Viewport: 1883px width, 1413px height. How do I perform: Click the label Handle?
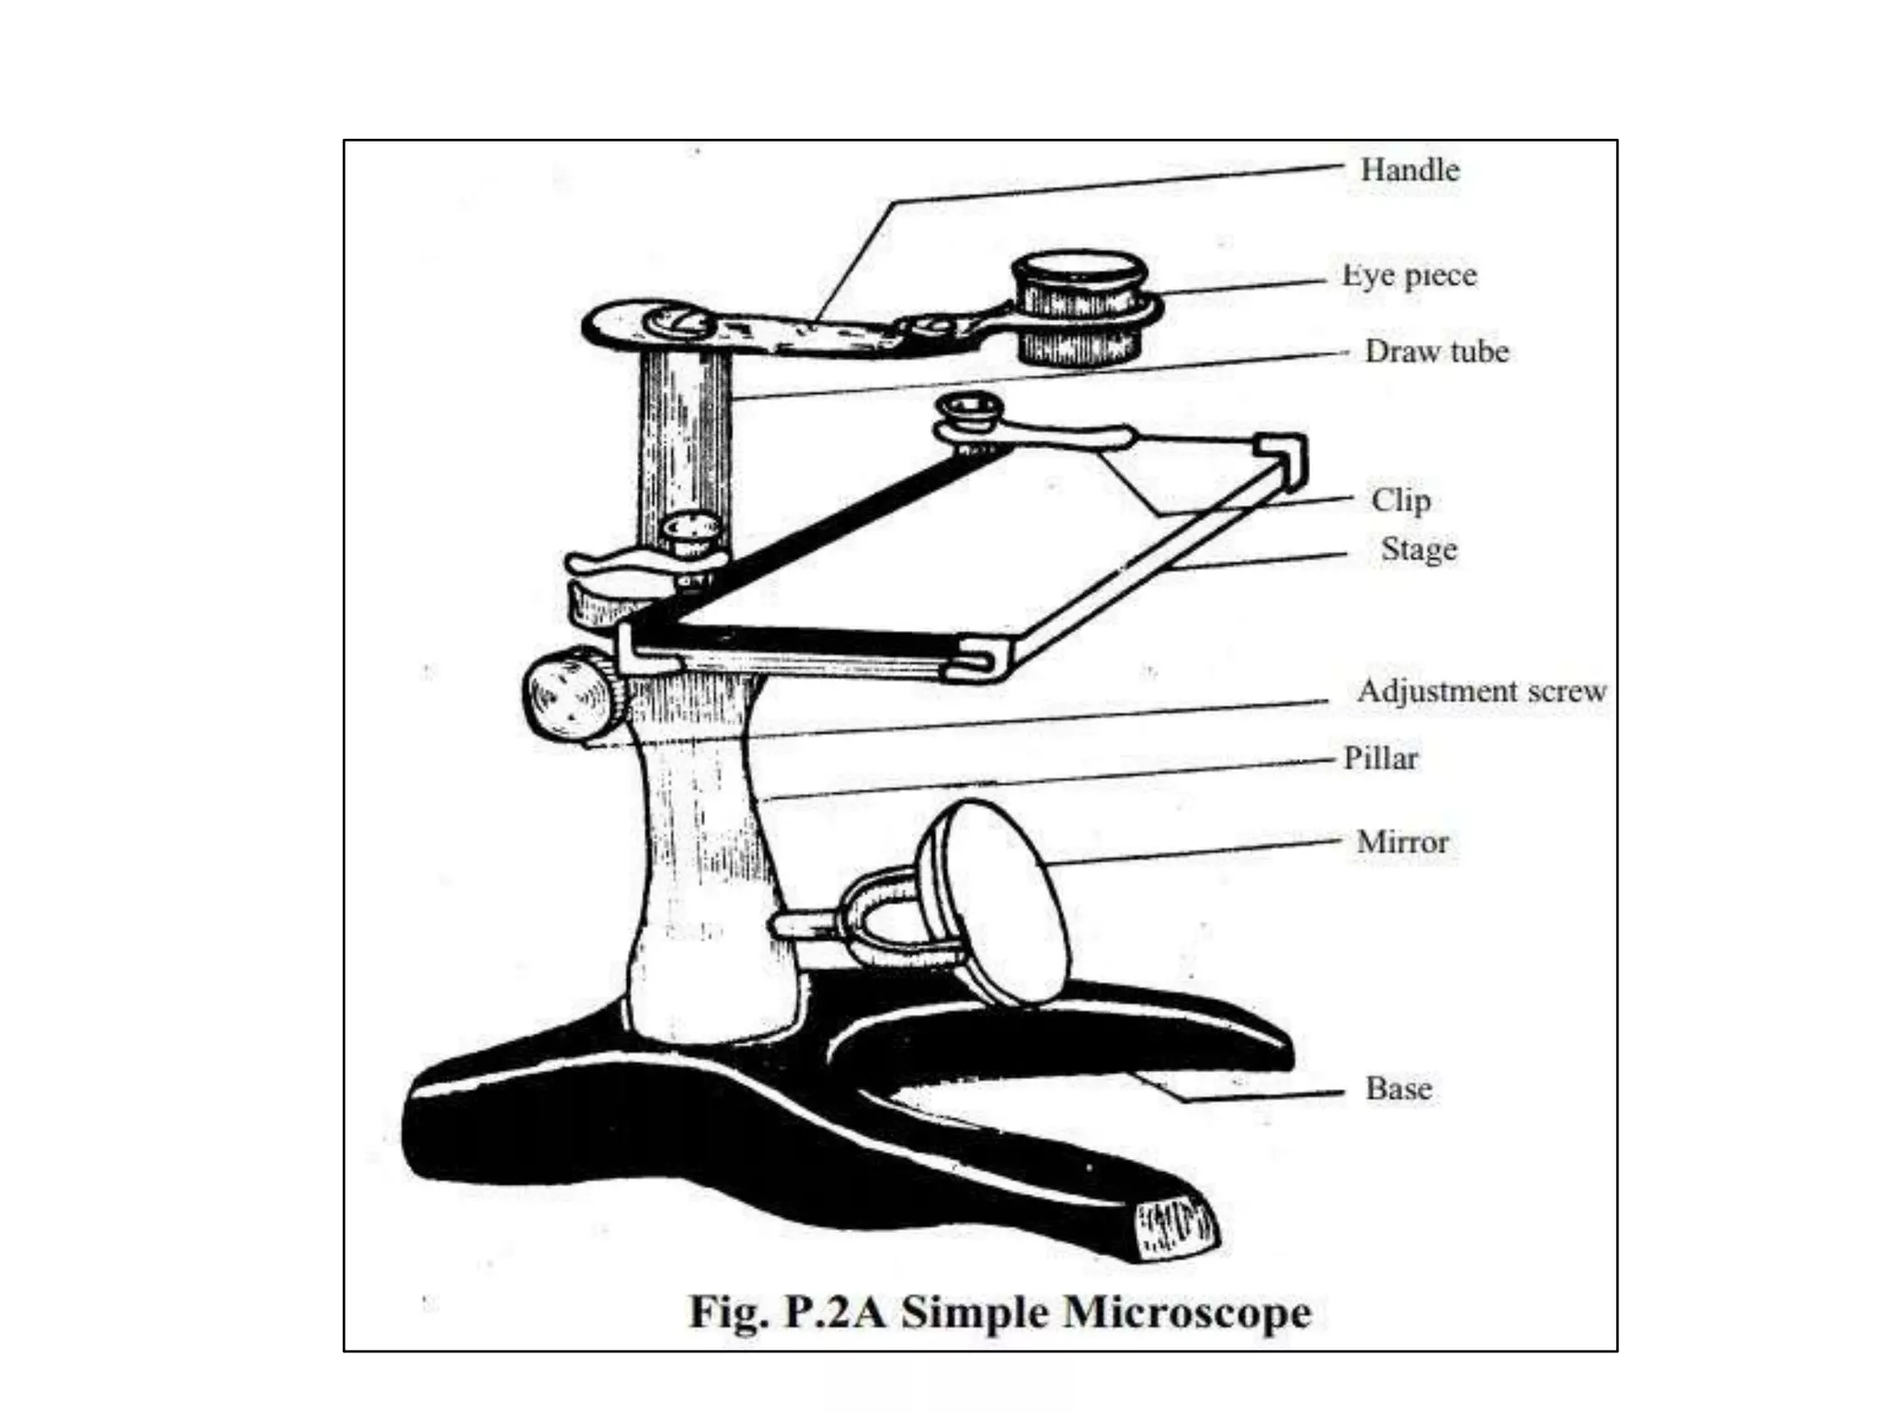click(x=1409, y=170)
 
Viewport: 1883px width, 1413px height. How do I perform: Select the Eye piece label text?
click(x=1409, y=275)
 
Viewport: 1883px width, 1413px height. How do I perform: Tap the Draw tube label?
click(x=1436, y=351)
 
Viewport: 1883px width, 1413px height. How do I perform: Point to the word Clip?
click(x=1400, y=500)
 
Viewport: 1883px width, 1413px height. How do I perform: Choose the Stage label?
click(x=1418, y=549)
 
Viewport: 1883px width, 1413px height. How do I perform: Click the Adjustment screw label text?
click(x=1481, y=691)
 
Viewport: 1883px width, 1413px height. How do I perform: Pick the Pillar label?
click(x=1380, y=758)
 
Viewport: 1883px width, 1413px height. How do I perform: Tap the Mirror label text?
click(x=1402, y=842)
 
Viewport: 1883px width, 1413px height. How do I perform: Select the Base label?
click(x=1398, y=1088)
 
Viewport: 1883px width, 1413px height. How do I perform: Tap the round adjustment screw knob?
click(x=570, y=696)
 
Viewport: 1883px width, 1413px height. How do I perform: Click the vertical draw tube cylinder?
click(x=685, y=442)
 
